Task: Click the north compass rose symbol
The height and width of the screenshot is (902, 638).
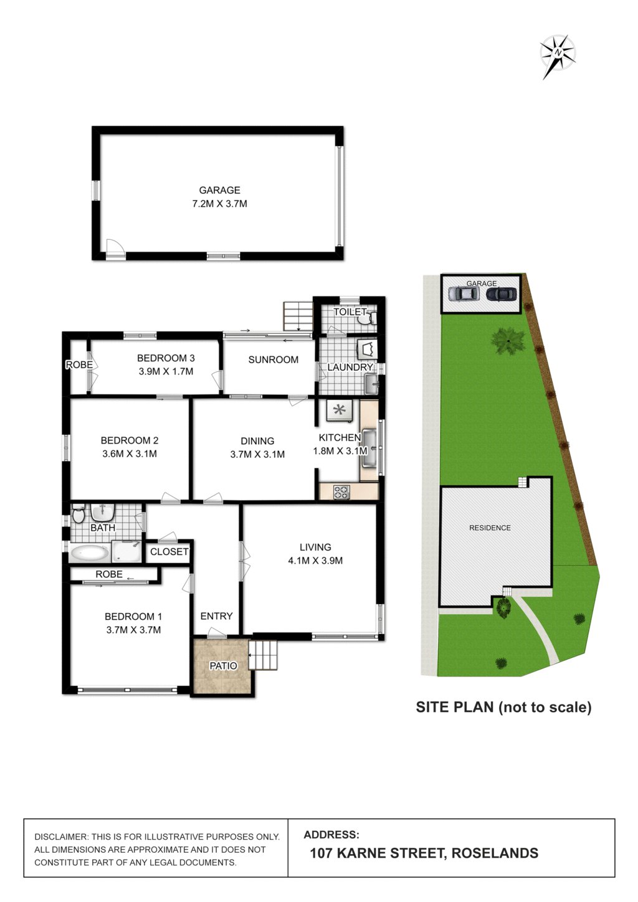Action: coord(558,54)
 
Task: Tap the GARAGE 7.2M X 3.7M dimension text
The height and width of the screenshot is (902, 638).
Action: coord(219,204)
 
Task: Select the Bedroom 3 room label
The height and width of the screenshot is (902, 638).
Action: coord(166,358)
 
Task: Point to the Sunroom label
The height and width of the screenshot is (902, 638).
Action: coord(273,359)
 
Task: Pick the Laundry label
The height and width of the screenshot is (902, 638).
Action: coord(350,368)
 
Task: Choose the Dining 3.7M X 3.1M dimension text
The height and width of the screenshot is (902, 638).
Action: coord(257,454)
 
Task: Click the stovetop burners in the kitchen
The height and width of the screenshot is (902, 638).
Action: coord(341,491)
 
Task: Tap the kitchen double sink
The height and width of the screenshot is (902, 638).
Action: coord(369,447)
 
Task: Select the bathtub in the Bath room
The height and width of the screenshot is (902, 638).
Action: coord(88,552)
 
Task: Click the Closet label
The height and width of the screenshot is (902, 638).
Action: coord(169,552)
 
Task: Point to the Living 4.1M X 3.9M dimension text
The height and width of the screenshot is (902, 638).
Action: coord(315,561)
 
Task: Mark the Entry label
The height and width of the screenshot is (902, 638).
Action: coord(216,616)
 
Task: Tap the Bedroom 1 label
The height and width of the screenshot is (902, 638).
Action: coord(133,617)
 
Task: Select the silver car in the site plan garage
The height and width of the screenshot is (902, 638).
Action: coord(464,293)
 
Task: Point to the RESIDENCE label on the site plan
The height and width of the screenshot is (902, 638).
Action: coord(490,528)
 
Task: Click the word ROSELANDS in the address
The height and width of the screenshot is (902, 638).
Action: coord(495,853)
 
